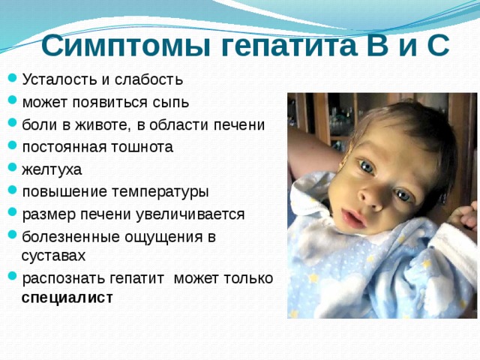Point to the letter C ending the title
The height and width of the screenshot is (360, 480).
click(x=437, y=46)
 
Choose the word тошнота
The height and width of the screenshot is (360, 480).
click(x=143, y=146)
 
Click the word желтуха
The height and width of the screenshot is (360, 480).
click(x=52, y=169)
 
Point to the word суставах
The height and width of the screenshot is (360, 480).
click(x=54, y=256)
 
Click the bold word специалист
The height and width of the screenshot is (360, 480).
click(x=67, y=298)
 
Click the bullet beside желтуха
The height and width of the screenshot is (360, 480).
click(x=10, y=169)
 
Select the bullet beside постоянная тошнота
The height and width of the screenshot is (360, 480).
click(x=10, y=147)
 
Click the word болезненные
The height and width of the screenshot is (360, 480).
click(x=71, y=237)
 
